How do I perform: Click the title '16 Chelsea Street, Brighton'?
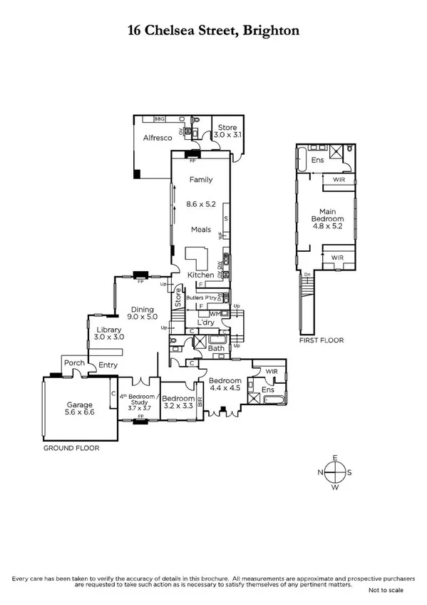click(x=213, y=30)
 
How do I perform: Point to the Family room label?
click(x=200, y=180)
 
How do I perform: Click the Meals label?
click(x=200, y=230)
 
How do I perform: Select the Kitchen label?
click(x=200, y=275)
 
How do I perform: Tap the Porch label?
click(x=74, y=363)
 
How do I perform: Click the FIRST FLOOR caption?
click(x=321, y=340)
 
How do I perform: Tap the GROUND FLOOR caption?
click(x=71, y=449)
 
